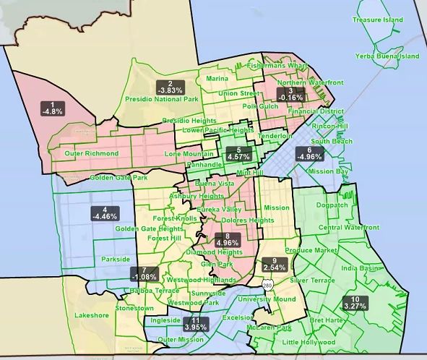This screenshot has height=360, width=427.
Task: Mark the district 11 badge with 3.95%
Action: point(196,323)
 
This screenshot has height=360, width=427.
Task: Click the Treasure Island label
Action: point(376,20)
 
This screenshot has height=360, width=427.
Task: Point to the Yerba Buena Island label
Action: point(387,56)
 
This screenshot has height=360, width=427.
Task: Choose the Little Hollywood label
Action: point(309,341)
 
